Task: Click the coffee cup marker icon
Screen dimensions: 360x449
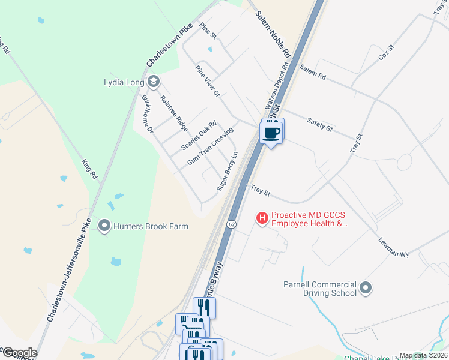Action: point(271,132)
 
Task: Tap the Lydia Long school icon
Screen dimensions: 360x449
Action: point(154,81)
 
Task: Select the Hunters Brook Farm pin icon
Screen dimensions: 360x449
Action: point(105,226)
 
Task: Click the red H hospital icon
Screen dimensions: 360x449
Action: point(262,219)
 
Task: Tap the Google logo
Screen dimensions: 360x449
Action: point(19,353)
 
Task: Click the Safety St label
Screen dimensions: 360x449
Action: point(319,124)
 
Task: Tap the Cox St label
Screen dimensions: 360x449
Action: point(385,52)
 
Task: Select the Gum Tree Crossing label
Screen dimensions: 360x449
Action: point(210,146)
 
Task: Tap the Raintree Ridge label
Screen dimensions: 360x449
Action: point(174,113)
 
